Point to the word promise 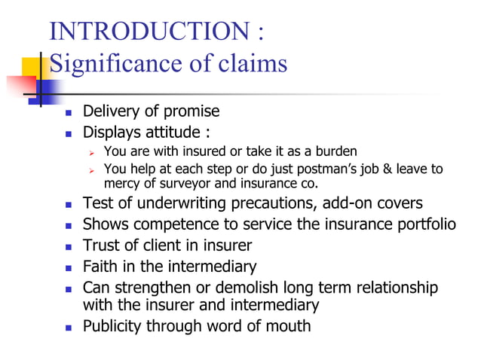192,111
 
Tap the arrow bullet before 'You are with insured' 90,151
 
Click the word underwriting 171,203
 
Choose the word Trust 101,245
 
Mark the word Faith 100,266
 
